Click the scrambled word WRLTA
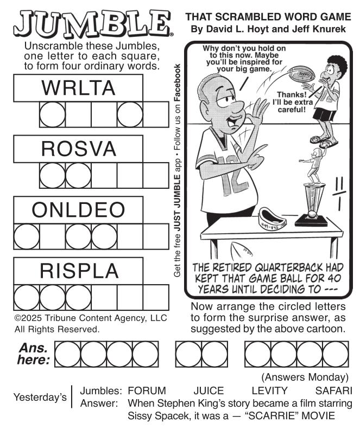[x=78, y=88]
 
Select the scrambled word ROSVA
[x=79, y=149]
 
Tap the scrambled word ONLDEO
[x=78, y=210]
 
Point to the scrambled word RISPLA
[x=79, y=271]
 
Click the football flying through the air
[x=301, y=74]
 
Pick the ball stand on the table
[x=272, y=219]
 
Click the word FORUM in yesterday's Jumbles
[x=147, y=391]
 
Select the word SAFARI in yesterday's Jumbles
[x=333, y=391]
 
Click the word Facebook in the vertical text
[x=177, y=82]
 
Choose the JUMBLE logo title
[x=93, y=24]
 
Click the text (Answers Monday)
[x=305, y=378]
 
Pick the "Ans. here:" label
[x=34, y=354]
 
